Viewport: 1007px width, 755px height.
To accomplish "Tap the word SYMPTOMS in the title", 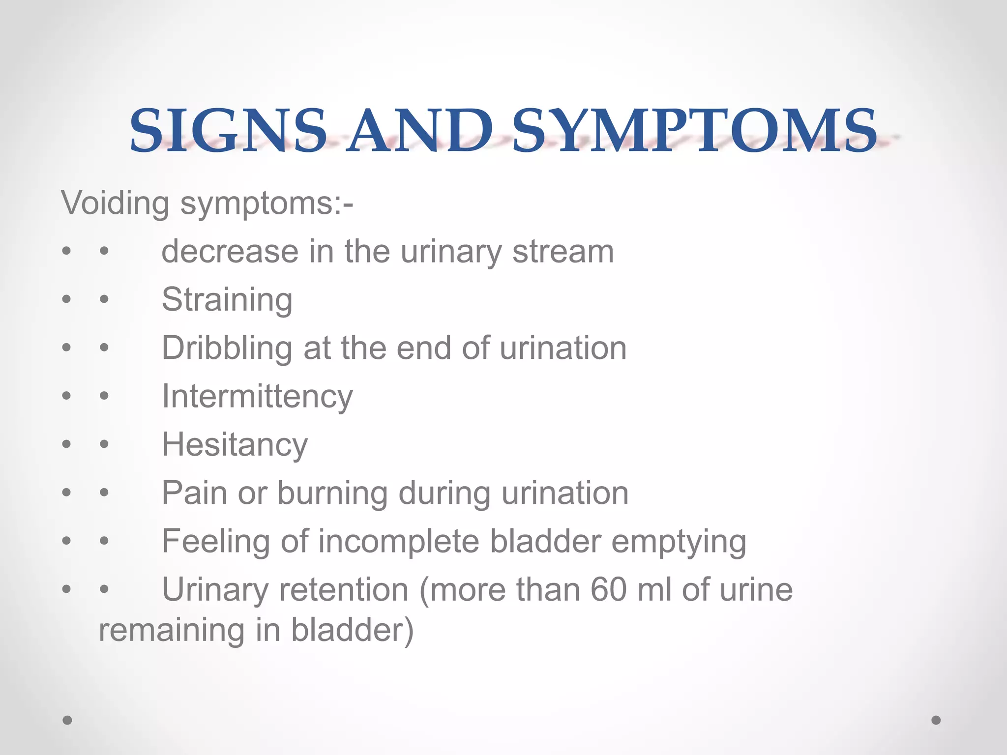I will point(694,130).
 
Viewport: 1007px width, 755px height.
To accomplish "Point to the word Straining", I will point(227,300).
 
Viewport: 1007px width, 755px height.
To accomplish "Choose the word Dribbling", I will point(227,348).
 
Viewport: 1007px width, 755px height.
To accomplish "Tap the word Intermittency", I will point(257,396).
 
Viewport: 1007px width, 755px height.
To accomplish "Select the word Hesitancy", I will point(235,445).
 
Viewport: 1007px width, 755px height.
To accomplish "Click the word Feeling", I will point(216,542).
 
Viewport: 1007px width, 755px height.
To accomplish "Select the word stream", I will point(563,252).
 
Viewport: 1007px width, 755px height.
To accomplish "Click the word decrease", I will point(230,252).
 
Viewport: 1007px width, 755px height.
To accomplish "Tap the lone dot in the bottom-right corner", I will point(936,720).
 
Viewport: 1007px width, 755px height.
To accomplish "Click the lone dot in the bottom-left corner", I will point(67,720).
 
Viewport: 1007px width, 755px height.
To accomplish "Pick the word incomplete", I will point(398,542).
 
